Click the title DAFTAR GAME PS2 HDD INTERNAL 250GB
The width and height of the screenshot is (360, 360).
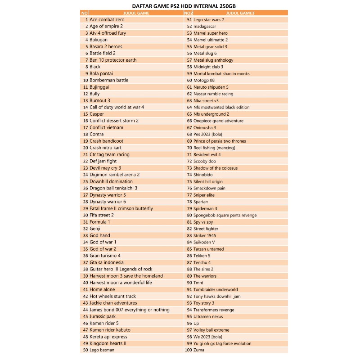(180, 5)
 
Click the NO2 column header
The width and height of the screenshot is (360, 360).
(188, 13)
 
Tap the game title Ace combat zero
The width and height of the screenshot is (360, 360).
(107, 20)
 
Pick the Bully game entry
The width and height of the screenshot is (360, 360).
(94, 94)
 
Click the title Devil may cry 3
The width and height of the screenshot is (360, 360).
(105, 168)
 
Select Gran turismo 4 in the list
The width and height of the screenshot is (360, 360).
(105, 256)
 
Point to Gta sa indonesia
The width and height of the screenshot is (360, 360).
(106, 262)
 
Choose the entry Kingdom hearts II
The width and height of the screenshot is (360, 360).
(108, 343)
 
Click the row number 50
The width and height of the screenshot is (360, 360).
(85, 350)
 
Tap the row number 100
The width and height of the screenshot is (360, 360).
(188, 350)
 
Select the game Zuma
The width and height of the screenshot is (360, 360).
(198, 350)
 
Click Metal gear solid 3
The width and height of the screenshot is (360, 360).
(210, 46)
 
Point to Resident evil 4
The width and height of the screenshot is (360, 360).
(207, 154)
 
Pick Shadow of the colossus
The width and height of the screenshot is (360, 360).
(216, 168)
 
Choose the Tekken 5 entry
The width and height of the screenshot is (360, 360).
(202, 256)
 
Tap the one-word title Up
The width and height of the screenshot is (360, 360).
(196, 323)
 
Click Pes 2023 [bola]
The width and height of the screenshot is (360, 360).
(208, 134)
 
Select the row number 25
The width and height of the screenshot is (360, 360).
(85, 181)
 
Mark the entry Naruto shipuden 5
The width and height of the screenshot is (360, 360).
(211, 87)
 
